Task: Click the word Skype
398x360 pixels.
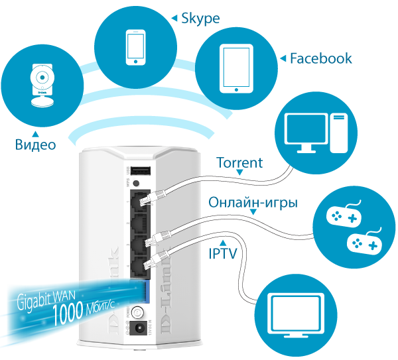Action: (200, 18)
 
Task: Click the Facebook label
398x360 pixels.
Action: (321, 58)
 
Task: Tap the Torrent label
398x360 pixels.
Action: (240, 162)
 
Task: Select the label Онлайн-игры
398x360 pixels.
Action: (253, 202)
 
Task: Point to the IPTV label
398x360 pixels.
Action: (224, 253)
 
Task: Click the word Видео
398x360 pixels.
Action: (36, 144)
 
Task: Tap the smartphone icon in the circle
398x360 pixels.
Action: (135, 47)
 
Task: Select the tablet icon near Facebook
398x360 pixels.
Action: (237, 68)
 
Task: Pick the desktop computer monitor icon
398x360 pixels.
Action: (306, 130)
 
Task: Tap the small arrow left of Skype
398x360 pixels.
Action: (174, 18)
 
